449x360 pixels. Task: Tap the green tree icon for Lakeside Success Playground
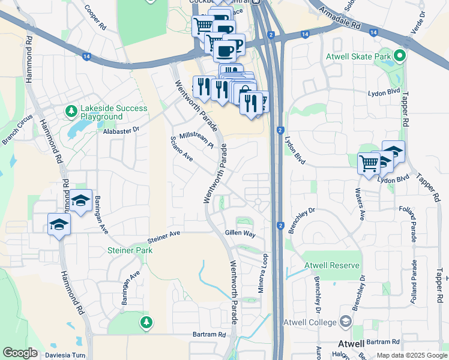coord(71,112)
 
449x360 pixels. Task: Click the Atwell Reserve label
coord(331,265)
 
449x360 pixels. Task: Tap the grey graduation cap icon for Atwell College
coord(345,322)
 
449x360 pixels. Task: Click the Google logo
coord(20,353)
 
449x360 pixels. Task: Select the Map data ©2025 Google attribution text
coord(411,355)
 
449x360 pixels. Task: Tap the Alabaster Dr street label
coord(121,130)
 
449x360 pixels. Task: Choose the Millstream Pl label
coord(196,140)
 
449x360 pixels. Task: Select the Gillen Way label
coord(240,233)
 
